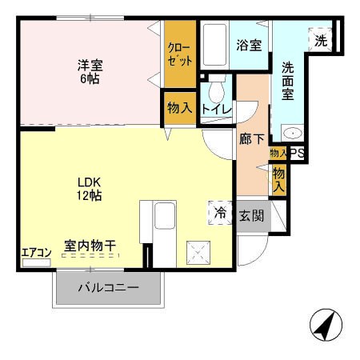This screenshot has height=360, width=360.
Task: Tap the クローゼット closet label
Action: [180, 54]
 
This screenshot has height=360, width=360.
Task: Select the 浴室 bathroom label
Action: [249, 46]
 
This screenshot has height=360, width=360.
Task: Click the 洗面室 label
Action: [287, 82]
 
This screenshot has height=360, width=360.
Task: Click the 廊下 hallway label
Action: [251, 138]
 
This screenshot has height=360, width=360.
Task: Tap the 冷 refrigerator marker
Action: [219, 213]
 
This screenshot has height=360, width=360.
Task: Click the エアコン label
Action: [36, 254]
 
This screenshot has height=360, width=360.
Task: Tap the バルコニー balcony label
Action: [108, 288]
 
